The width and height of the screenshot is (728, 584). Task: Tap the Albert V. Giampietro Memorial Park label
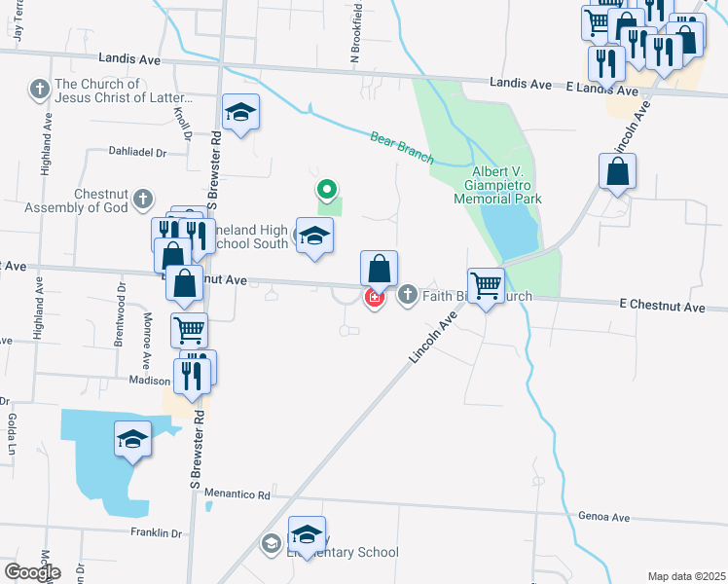point(496,185)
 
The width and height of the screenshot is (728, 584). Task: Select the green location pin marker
point(328,189)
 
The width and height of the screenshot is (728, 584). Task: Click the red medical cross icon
point(373,296)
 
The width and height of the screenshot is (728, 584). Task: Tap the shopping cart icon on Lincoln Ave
point(486,285)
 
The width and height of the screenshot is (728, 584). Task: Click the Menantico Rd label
point(237,494)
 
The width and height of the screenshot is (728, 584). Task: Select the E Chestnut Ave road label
point(661,307)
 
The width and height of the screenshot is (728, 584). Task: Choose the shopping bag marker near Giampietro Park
point(618,172)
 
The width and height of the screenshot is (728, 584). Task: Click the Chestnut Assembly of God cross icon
point(142,199)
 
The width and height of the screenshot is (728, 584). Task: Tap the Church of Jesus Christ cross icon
point(40,91)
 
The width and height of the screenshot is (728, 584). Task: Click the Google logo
point(31,572)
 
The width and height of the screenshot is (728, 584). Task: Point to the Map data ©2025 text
point(686,576)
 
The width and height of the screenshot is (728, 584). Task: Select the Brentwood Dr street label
point(122,302)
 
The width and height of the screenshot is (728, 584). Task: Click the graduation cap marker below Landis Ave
point(239,112)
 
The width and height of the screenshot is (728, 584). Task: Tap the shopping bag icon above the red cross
point(379,268)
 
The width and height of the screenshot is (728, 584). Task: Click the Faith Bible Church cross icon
point(406,294)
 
